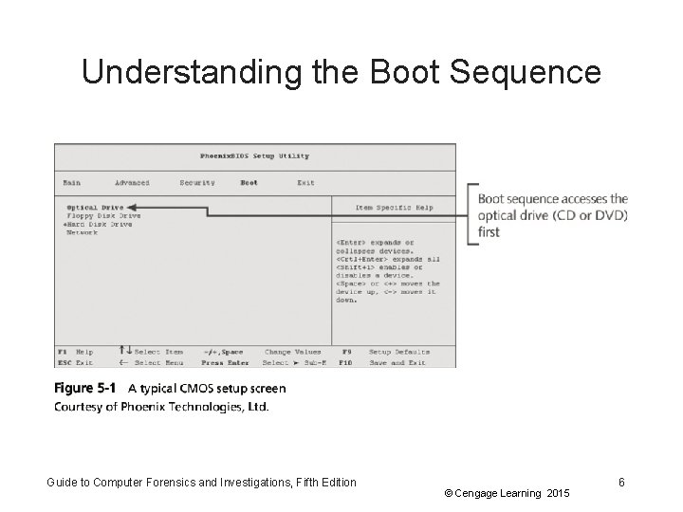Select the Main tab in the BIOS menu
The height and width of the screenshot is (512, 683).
[71, 182]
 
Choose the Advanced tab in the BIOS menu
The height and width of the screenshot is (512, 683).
[132, 182]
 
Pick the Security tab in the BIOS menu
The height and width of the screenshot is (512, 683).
[197, 182]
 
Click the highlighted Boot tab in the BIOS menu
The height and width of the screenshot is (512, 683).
[249, 182]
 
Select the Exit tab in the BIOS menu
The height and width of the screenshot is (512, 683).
[305, 182]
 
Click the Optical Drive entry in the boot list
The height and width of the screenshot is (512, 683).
[95, 207]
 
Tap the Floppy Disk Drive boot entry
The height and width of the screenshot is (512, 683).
[103, 215]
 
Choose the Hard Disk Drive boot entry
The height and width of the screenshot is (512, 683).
[99, 224]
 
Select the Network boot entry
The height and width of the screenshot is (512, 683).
[82, 232]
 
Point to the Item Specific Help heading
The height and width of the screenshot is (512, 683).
[394, 207]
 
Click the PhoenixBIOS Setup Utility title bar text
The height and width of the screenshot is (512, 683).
[254, 155]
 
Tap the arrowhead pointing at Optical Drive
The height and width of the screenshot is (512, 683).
[130, 207]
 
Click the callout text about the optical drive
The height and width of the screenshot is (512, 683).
[552, 215]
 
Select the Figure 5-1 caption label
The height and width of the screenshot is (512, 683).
[84, 389]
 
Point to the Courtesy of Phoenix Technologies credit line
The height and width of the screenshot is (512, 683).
[161, 407]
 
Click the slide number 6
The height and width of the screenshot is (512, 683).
[621, 483]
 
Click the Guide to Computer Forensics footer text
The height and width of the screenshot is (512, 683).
[202, 483]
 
